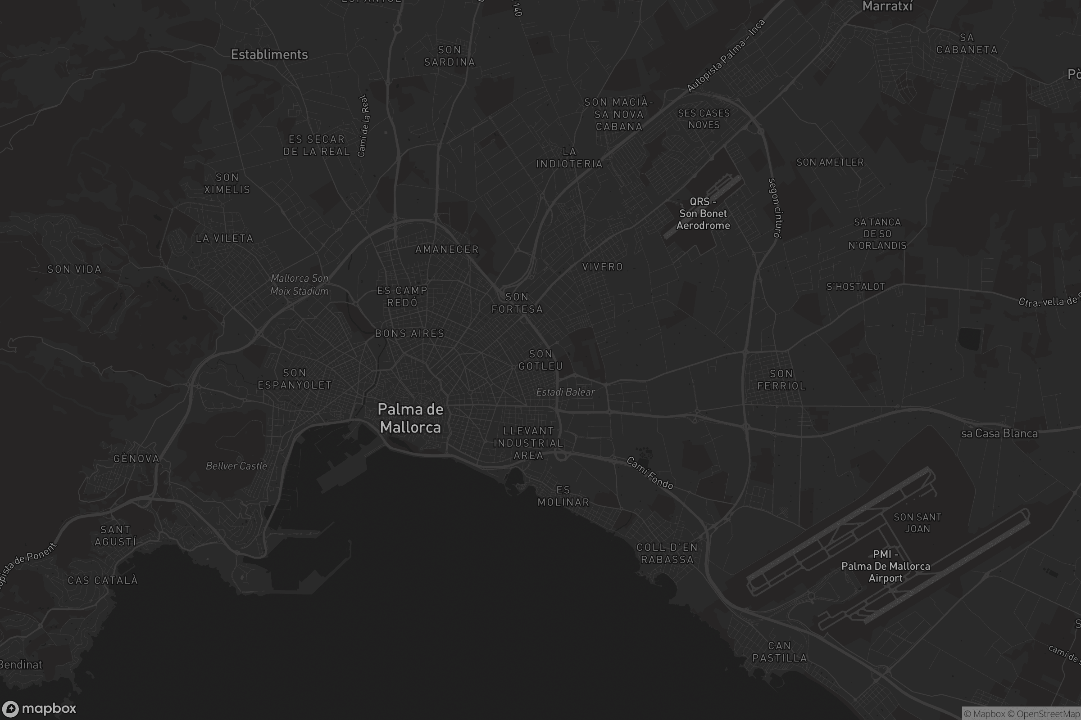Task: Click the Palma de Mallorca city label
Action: pyautogui.click(x=410, y=418)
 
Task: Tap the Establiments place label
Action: pyautogui.click(x=269, y=54)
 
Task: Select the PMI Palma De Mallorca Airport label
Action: pyautogui.click(x=885, y=566)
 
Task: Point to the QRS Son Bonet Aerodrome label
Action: pyautogui.click(x=703, y=213)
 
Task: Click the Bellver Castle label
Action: pyautogui.click(x=236, y=466)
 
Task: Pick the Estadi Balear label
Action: pyautogui.click(x=565, y=392)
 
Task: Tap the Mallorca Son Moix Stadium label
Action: pyautogui.click(x=299, y=285)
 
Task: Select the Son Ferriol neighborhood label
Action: pyautogui.click(x=781, y=380)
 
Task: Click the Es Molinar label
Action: pyautogui.click(x=563, y=496)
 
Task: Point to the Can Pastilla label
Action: pyautogui.click(x=780, y=652)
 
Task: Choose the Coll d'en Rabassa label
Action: pyautogui.click(x=667, y=553)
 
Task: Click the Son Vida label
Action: pyautogui.click(x=74, y=270)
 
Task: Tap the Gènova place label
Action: pyautogui.click(x=136, y=459)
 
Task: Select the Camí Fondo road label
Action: pyautogui.click(x=650, y=473)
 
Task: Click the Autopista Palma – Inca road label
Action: pyautogui.click(x=726, y=55)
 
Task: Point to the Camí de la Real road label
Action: pyautogui.click(x=363, y=126)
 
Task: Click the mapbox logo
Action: pyautogui.click(x=39, y=708)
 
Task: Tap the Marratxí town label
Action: pyautogui.click(x=887, y=6)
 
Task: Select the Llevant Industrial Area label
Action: pyautogui.click(x=528, y=443)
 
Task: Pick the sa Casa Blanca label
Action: pyautogui.click(x=999, y=433)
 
